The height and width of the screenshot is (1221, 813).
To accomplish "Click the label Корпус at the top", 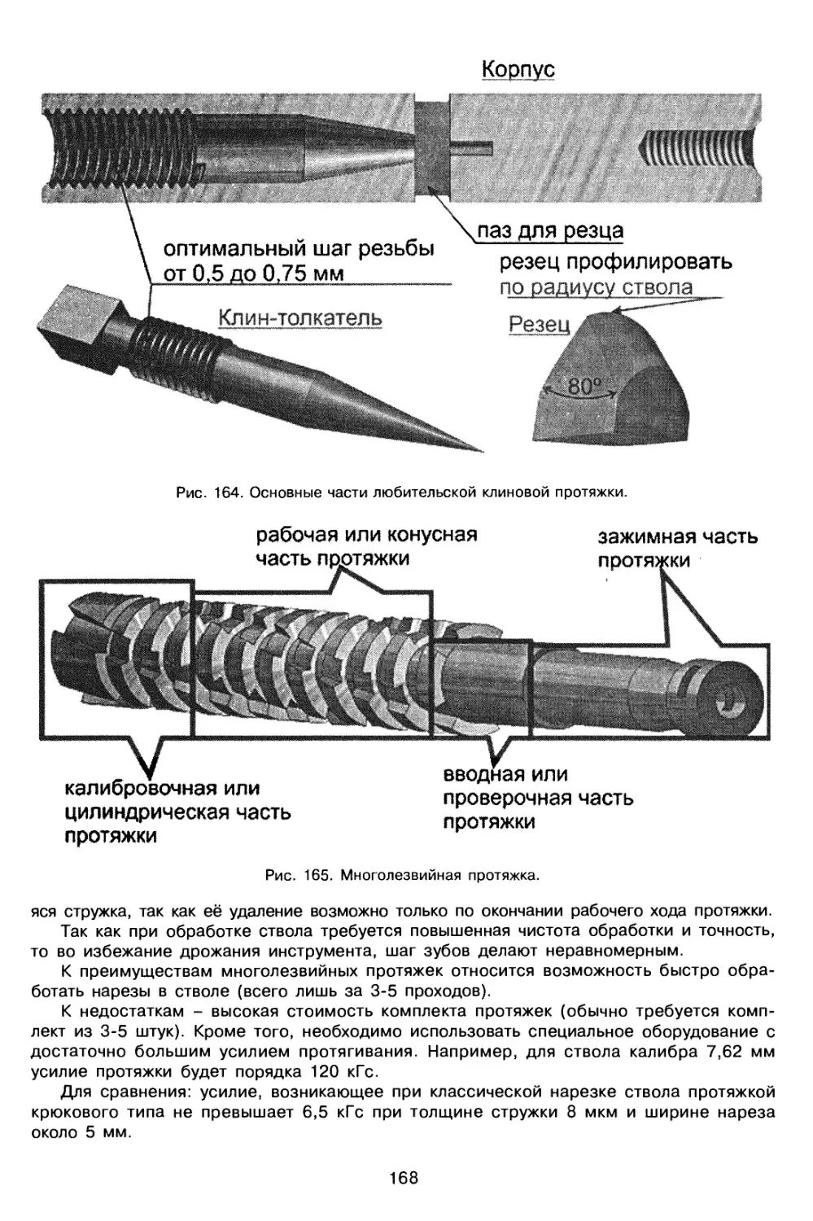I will [518, 69].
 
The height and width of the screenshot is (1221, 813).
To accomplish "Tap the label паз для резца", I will [550, 231].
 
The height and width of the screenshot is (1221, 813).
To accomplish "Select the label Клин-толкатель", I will [299, 317].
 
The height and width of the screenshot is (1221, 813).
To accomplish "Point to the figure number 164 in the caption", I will [227, 492].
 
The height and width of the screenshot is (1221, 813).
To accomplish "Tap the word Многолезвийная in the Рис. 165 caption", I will [391, 876].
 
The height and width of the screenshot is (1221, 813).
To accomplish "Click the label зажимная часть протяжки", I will [677, 549].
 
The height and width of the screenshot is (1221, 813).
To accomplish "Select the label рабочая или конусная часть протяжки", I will [366, 546].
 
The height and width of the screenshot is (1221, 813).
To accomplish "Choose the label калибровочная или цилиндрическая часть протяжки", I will [177, 812].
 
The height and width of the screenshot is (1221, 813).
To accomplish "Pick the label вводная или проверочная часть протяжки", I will [537, 798].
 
